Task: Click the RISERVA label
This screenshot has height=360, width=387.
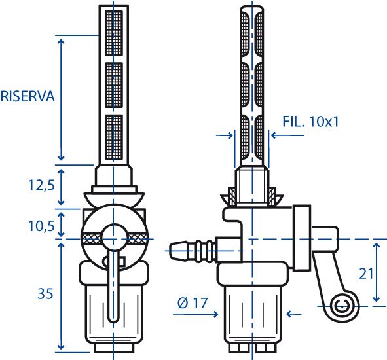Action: tap(28, 96)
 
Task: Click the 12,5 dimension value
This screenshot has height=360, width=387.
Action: tap(41, 185)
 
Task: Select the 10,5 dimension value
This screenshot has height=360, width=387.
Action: tap(41, 226)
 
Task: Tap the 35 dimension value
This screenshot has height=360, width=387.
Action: tap(45, 294)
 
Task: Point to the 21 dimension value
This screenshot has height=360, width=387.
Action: tap(366, 274)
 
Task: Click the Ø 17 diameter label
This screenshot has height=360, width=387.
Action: tap(193, 303)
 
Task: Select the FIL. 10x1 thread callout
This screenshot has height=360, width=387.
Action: tap(310, 121)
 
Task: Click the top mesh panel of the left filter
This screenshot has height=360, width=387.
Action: tap(114, 33)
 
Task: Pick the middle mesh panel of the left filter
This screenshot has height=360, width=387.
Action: tap(114, 85)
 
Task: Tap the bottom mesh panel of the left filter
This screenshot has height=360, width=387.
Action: tap(114, 137)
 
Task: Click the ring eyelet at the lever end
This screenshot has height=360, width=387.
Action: tap(342, 306)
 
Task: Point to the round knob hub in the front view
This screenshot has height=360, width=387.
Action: tap(114, 238)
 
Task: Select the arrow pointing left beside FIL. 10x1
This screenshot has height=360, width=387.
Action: tap(287, 135)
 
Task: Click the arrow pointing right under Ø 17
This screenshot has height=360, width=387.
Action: tap(195, 314)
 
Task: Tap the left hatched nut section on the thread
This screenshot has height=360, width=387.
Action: tap(232, 196)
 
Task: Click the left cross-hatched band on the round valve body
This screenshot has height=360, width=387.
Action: tap(91, 239)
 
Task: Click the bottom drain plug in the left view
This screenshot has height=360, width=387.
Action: tap(114, 348)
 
